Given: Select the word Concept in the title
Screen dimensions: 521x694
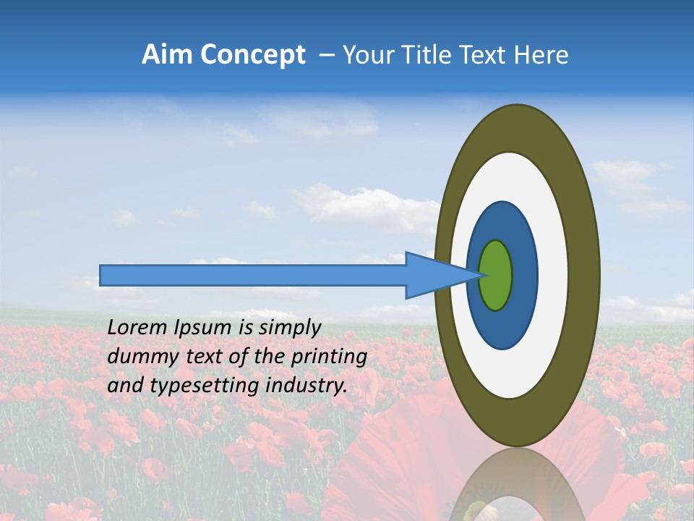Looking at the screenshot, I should tap(252, 55).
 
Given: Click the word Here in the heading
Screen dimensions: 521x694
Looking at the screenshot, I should tap(541, 55).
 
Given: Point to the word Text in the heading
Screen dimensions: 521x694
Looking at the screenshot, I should tap(486, 55).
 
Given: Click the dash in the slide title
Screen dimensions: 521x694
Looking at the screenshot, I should tap(326, 56).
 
